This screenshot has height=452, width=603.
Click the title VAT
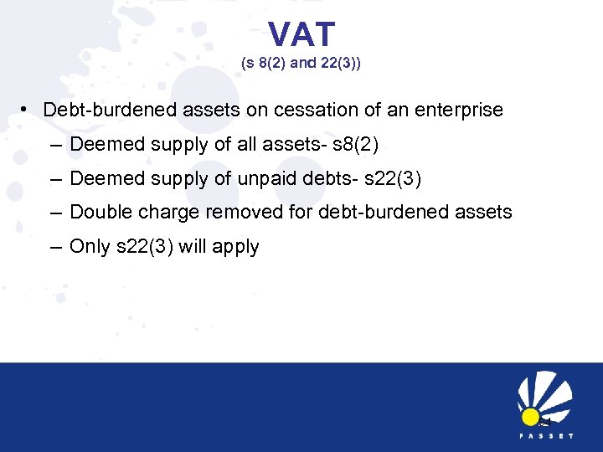[x=301, y=35]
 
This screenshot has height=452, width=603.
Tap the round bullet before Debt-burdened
[x=28, y=110]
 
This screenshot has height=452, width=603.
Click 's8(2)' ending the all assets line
[x=356, y=144]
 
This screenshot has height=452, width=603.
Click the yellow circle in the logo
[x=529, y=416]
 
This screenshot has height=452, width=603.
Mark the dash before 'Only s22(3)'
[x=55, y=247]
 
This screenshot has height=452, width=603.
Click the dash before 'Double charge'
[x=55, y=213]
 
